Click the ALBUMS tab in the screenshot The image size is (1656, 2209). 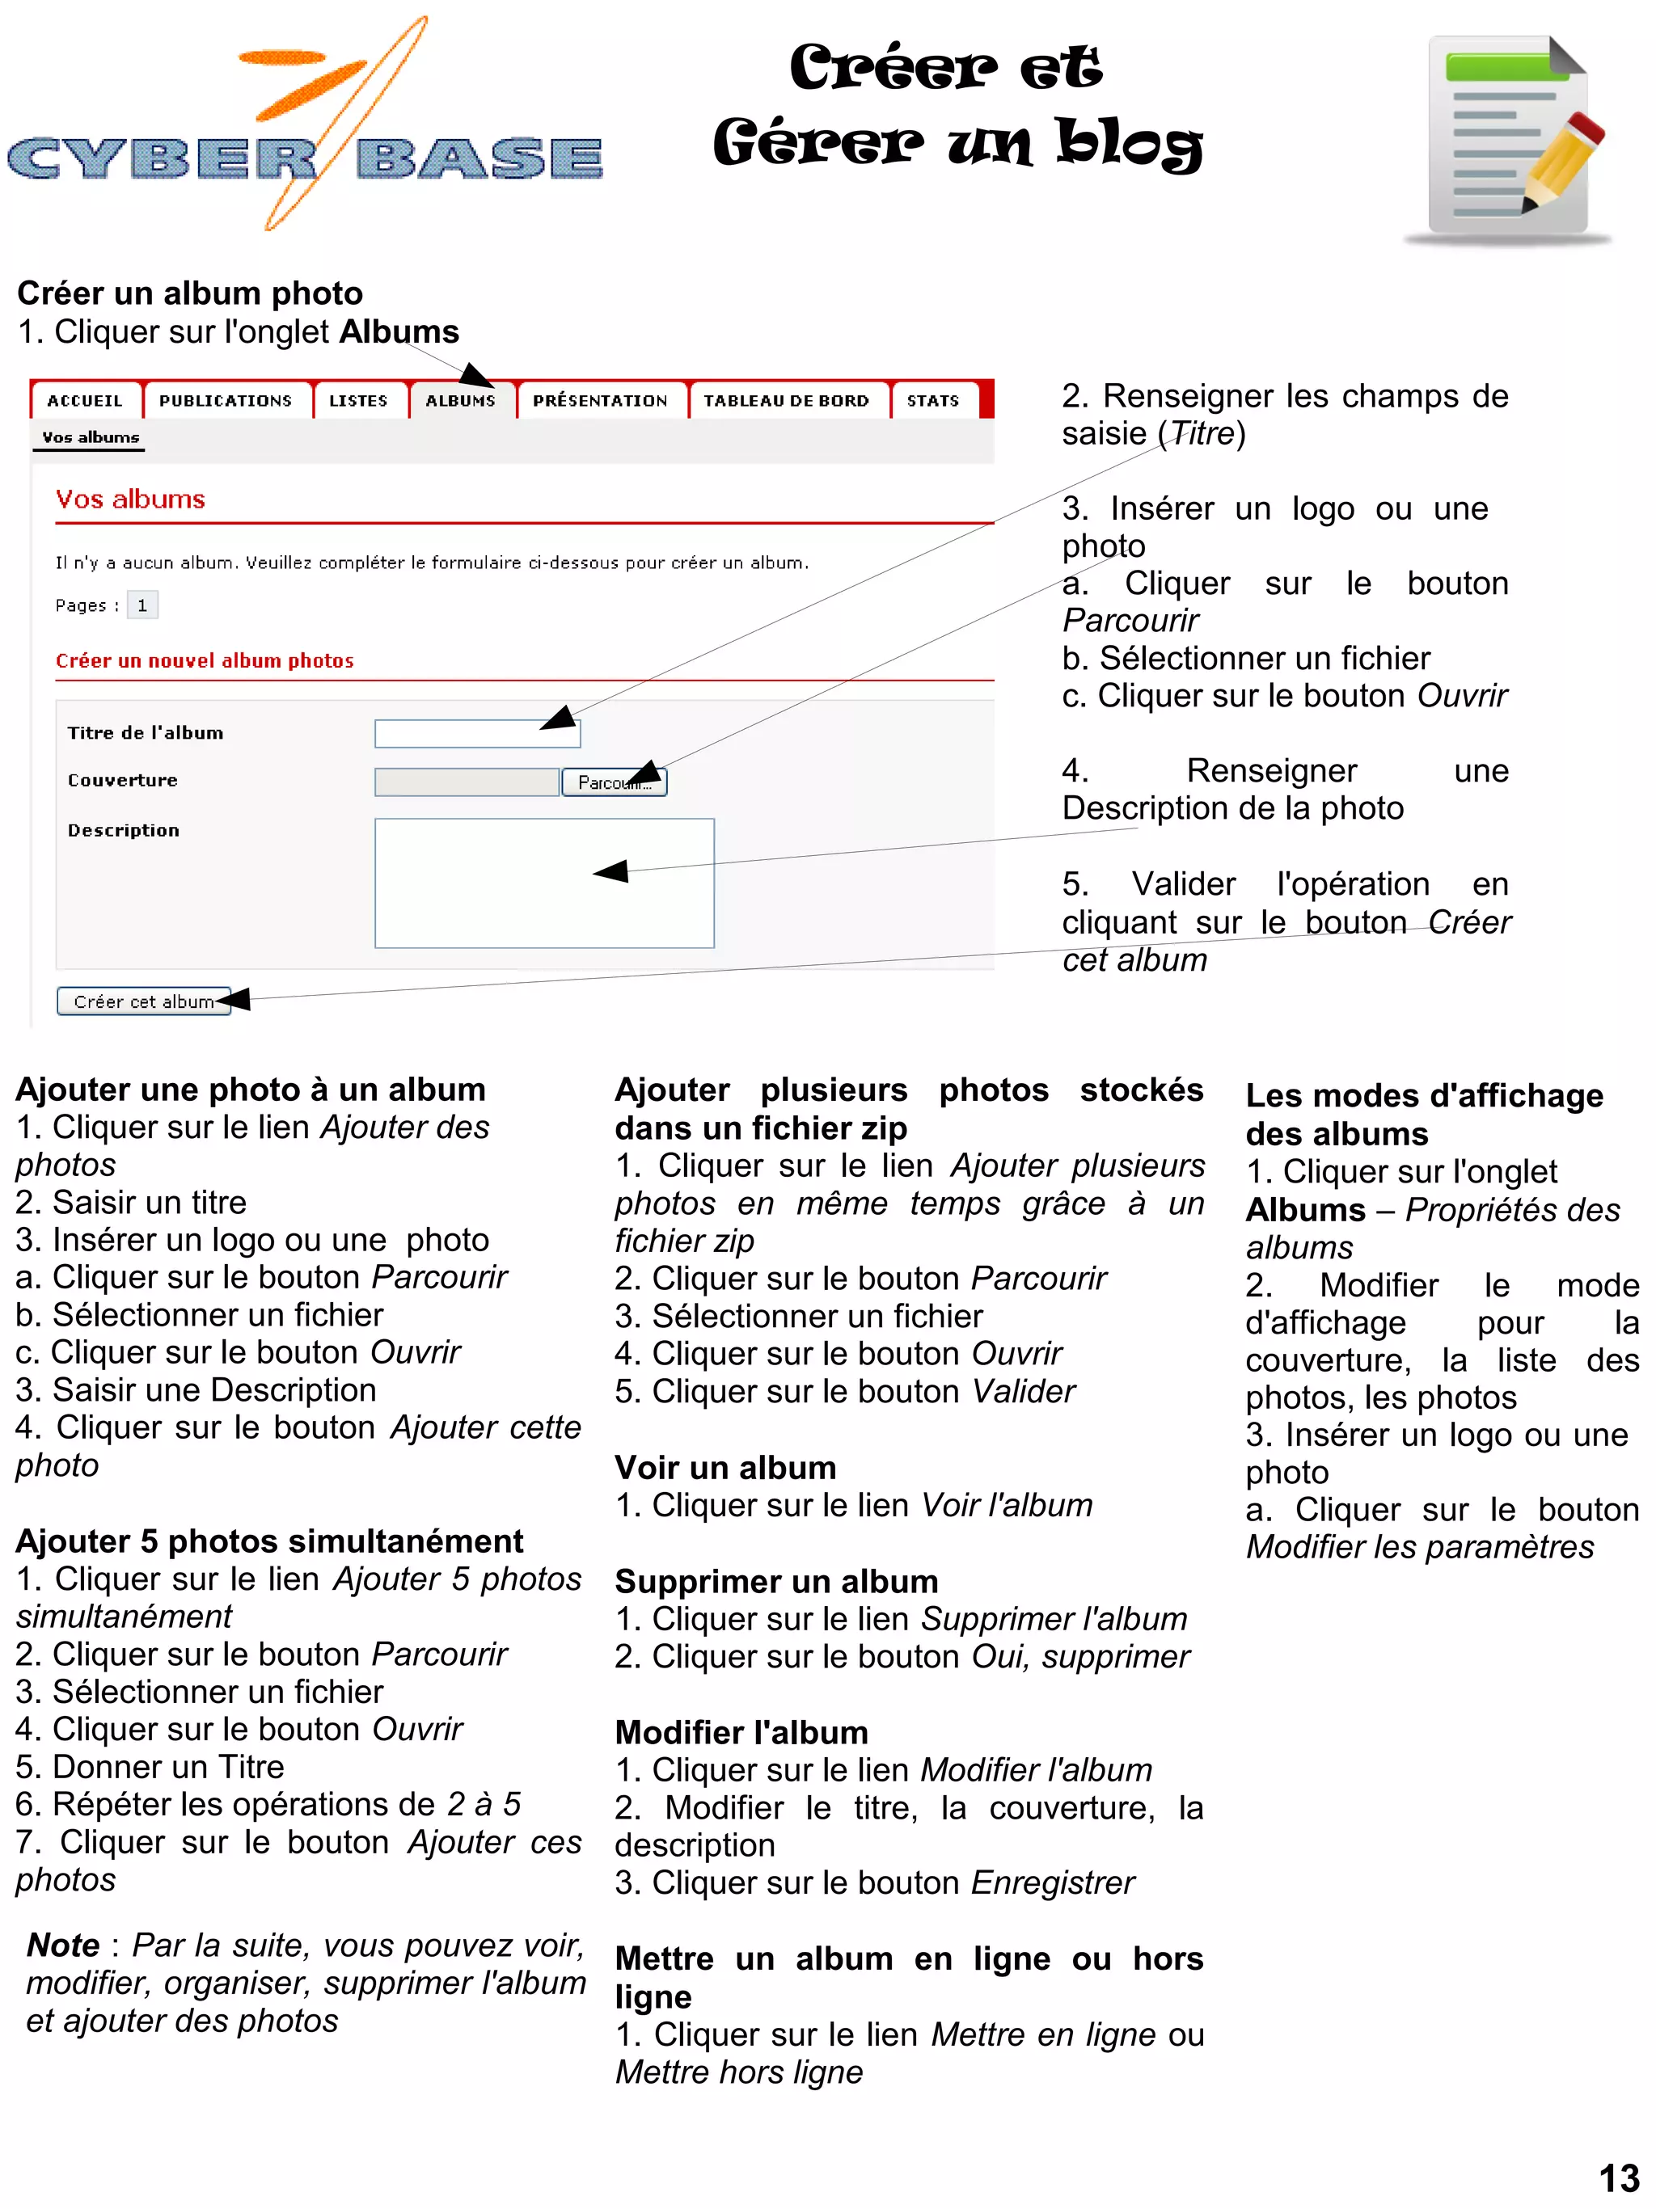click(x=459, y=400)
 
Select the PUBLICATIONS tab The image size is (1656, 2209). click(x=226, y=400)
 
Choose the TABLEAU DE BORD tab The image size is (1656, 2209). click(x=785, y=400)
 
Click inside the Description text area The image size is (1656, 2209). click(x=543, y=883)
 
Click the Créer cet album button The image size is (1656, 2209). click(x=144, y=1001)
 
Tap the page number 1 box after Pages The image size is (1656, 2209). click(x=142, y=605)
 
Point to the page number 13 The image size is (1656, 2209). click(x=1618, y=2177)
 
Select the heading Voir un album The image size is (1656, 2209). click(x=725, y=1467)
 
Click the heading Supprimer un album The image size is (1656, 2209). click(x=776, y=1581)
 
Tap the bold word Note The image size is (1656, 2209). click(x=63, y=1945)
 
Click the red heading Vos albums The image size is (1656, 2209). click(x=130, y=500)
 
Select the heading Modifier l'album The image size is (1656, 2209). click(x=741, y=1731)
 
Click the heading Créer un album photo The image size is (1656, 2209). click(x=190, y=293)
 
